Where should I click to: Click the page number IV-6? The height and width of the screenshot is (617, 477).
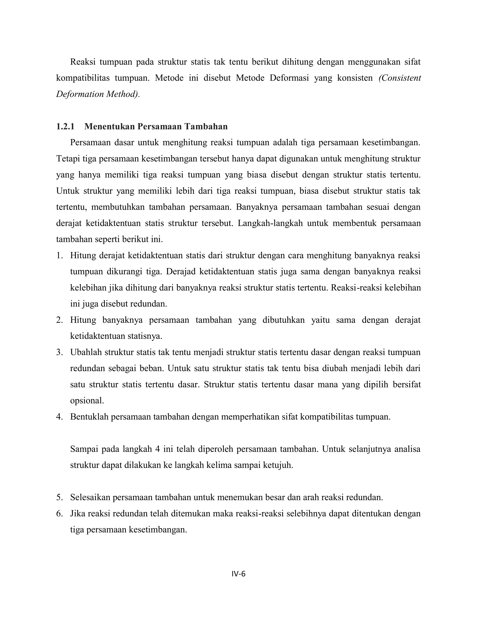point(238,574)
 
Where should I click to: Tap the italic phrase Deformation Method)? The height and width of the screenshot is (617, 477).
point(98,94)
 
